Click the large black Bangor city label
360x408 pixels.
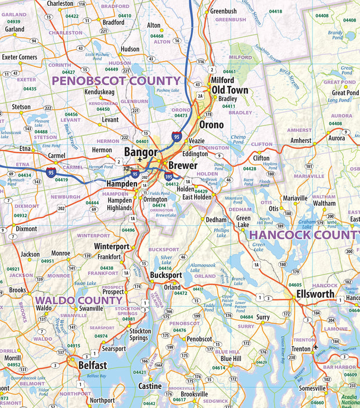tap(141, 152)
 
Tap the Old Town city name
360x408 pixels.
tap(230, 90)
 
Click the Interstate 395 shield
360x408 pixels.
tap(168, 175)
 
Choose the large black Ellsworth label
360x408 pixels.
tap(315, 294)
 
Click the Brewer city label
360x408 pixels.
tap(183, 165)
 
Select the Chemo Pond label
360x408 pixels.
tap(238, 139)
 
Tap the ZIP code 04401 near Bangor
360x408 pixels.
tap(142, 141)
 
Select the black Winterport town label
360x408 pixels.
tap(111, 246)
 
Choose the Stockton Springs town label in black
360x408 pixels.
tap(139, 334)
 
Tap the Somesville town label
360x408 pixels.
tap(312, 388)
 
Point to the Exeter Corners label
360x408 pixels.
tap(19, 57)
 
